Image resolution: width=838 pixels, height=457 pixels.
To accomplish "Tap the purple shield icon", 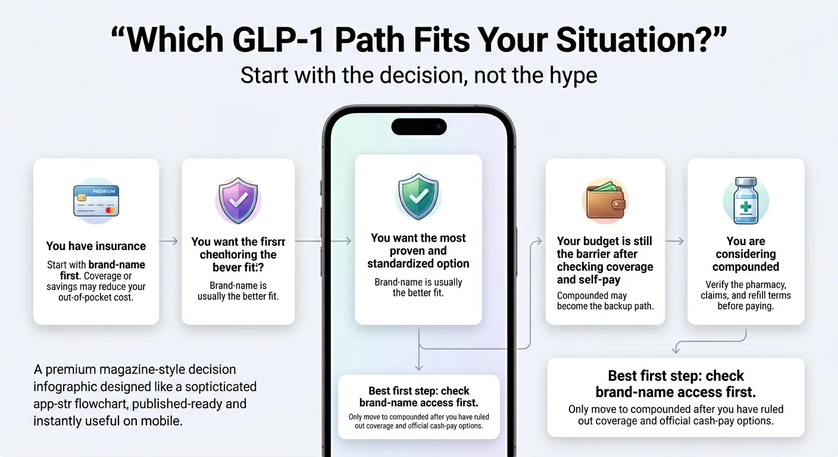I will (x=238, y=200).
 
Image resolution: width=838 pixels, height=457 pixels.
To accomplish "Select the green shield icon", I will (x=418, y=196).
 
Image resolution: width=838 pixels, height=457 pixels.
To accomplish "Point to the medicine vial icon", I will (x=746, y=201).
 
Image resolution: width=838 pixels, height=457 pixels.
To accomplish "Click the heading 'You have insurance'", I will (x=96, y=246).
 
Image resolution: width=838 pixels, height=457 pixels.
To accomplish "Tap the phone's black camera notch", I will (x=418, y=127).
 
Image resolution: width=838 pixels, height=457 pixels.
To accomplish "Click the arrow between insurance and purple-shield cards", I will (x=170, y=241).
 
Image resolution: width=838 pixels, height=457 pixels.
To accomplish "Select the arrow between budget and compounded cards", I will (x=675, y=241).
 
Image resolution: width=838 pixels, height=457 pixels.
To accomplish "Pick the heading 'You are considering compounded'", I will (x=746, y=254).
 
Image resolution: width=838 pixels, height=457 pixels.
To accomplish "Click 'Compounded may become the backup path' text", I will (x=605, y=301).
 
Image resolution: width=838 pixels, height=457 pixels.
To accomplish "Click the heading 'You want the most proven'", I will (x=418, y=251).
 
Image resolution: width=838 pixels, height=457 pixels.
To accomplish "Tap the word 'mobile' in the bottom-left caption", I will (x=163, y=421).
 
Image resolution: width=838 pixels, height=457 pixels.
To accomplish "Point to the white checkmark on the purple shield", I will (x=238, y=201).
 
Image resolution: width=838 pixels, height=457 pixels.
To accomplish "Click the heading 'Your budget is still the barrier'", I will (x=605, y=260).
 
